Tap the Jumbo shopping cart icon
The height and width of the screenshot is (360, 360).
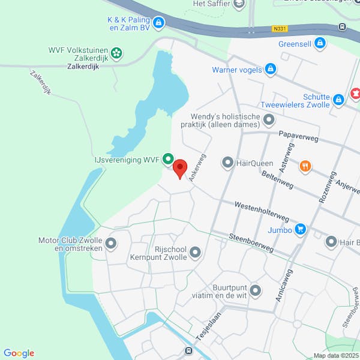(301, 229)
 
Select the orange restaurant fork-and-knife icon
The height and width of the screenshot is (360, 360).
(305, 166)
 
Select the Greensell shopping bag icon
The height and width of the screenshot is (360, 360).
(320, 43)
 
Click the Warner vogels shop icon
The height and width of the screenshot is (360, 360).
(271, 70)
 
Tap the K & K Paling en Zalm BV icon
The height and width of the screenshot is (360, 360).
(158, 23)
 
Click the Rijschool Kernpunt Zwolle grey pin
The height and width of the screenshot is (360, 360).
(195, 253)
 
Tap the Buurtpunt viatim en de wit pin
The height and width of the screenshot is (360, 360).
(256, 291)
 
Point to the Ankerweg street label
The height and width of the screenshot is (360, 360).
(196, 169)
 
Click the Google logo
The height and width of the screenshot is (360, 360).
(19, 353)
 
